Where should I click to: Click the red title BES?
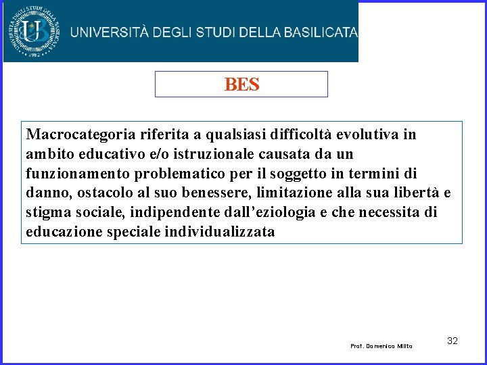point(241,84)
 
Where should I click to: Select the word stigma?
point(47,213)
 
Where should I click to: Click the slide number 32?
point(453,341)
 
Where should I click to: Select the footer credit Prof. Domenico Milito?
point(381,346)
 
